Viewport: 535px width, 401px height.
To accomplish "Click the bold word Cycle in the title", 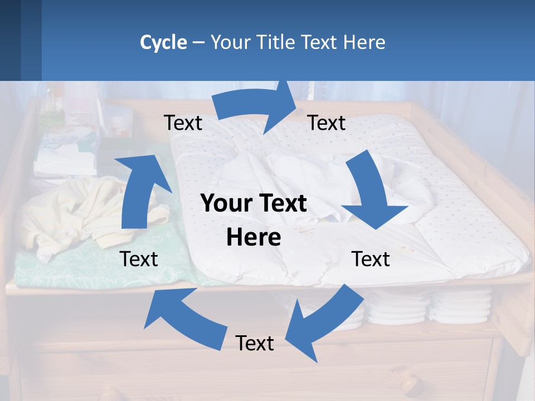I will (x=163, y=42).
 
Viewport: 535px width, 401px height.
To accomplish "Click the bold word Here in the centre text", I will (x=254, y=238).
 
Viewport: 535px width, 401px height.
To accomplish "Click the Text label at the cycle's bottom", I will (x=255, y=343).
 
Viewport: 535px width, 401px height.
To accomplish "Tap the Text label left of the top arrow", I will (x=183, y=123).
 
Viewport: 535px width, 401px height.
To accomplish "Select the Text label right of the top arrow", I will (x=327, y=123).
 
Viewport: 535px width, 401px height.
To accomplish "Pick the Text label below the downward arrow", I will (x=371, y=259).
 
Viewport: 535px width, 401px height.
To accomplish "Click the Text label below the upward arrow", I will (x=139, y=259).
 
